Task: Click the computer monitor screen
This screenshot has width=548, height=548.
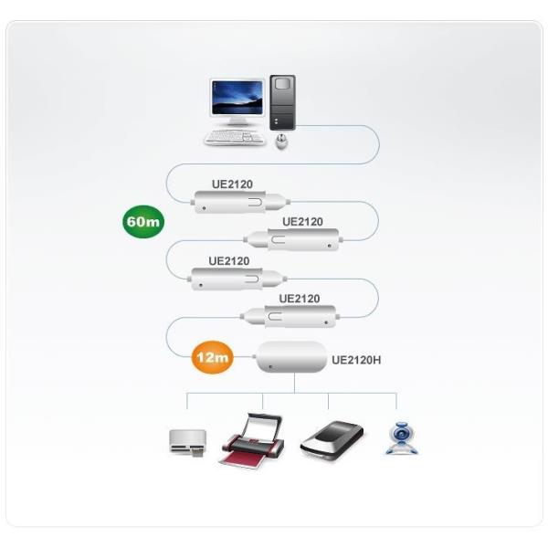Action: [x=237, y=99]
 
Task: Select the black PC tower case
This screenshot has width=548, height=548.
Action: [x=282, y=102]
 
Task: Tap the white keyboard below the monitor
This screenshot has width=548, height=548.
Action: [x=231, y=138]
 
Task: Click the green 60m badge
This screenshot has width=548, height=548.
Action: [x=142, y=221]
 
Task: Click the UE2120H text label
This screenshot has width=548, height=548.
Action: [x=356, y=360]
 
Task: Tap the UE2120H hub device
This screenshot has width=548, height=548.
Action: [x=292, y=358]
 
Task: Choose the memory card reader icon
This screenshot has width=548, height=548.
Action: [x=185, y=443]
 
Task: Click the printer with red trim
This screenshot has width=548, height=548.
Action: [x=250, y=443]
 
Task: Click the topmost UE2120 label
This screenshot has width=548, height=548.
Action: [x=232, y=184]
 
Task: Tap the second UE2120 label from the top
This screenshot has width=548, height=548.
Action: [x=302, y=221]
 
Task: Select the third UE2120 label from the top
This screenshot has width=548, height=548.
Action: [x=228, y=260]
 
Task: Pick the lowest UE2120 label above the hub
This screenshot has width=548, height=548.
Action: [x=300, y=298]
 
